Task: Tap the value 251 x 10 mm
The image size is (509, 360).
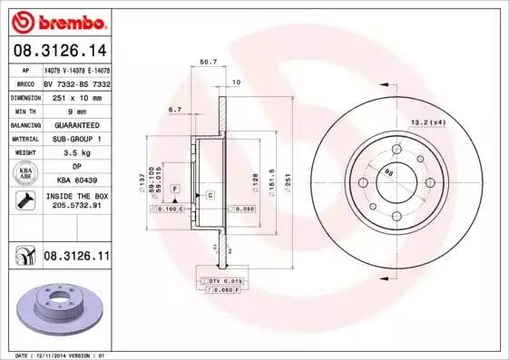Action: coord(78,96)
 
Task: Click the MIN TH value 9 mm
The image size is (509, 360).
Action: coord(78,111)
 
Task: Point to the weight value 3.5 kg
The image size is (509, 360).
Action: coord(78,152)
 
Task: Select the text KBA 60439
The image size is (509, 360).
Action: coord(78,180)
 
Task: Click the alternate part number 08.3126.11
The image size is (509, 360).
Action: coord(75,258)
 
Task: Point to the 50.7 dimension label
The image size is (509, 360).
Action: coord(207,62)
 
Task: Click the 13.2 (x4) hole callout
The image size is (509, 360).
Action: coord(427,122)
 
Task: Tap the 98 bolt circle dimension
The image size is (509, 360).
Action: coord(390,171)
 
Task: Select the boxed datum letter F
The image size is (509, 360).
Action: coord(175,187)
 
